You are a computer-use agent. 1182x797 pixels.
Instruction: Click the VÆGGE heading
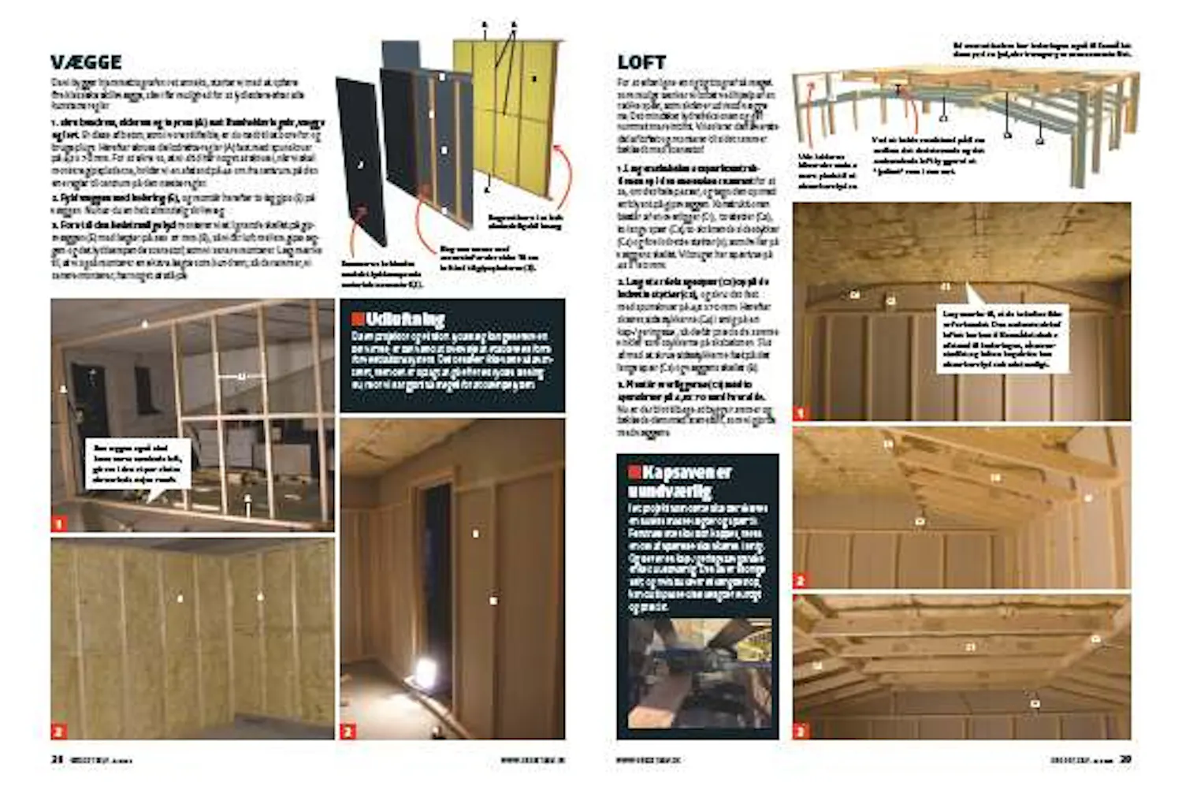(86, 62)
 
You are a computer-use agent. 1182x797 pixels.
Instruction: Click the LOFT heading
(641, 62)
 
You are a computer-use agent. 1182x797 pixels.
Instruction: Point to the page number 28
(57, 759)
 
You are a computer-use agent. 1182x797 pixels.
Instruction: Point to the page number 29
(1125, 759)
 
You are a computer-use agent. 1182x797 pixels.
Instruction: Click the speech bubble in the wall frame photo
(138, 465)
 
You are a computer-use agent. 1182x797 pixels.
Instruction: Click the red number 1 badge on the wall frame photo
(59, 523)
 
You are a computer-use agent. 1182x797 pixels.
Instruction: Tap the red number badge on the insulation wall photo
(59, 731)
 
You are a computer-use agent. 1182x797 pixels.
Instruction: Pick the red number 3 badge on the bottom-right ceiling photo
(801, 731)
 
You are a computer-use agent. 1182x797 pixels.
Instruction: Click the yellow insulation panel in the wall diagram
(512, 118)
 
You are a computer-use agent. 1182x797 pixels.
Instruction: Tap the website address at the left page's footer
(533, 760)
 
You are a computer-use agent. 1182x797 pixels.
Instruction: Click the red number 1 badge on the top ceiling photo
(801, 412)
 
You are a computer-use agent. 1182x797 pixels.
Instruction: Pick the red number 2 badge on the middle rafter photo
(801, 580)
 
